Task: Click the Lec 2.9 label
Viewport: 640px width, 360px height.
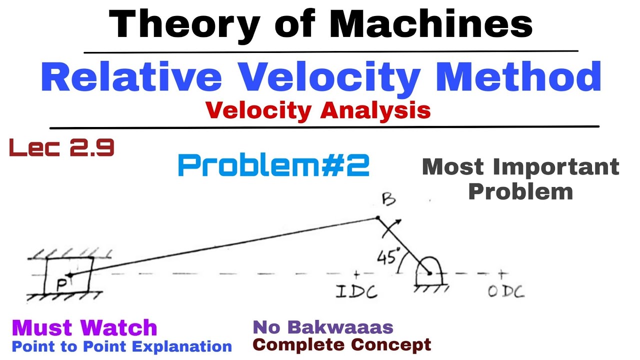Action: [61, 148]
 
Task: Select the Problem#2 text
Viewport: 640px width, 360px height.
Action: [273, 165]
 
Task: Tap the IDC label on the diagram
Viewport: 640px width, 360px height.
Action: [357, 291]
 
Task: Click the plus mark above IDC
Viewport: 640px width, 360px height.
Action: [356, 274]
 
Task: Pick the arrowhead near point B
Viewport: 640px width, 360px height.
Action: [397, 222]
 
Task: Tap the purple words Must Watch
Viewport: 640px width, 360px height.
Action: [84, 328]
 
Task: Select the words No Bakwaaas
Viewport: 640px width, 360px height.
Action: [323, 327]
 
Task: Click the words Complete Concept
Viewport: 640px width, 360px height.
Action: [342, 344]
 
